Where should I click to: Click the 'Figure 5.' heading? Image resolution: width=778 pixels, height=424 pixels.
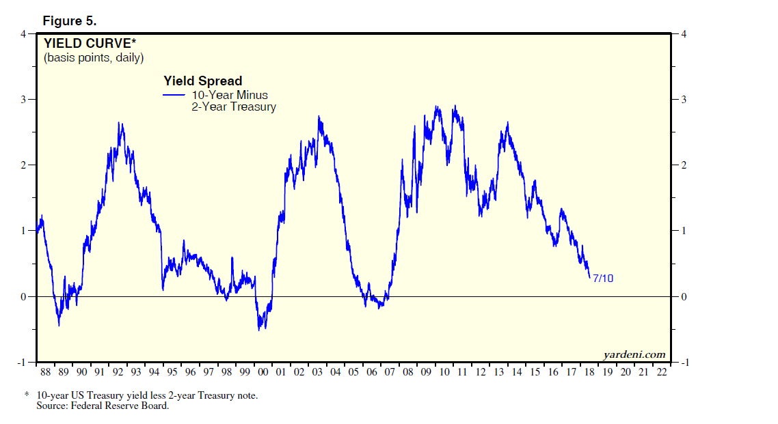(x=70, y=20)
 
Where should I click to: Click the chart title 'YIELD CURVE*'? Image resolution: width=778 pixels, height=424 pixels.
(x=90, y=44)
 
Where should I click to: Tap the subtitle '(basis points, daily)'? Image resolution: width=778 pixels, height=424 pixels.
(x=94, y=58)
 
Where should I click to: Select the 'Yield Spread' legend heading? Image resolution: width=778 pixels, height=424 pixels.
(x=202, y=81)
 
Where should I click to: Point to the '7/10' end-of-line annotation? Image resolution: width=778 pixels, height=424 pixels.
(x=603, y=279)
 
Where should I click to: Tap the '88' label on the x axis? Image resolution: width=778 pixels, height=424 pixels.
(x=45, y=372)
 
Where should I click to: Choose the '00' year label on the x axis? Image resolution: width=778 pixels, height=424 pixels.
(x=263, y=372)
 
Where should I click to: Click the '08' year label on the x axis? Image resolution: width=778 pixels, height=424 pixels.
(x=408, y=372)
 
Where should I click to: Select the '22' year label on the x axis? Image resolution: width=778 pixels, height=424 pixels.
(x=661, y=372)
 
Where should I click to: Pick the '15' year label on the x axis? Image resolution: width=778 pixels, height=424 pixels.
(x=535, y=372)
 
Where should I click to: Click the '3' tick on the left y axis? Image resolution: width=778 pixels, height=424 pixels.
(x=23, y=100)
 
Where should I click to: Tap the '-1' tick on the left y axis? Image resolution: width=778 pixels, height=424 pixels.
(x=21, y=362)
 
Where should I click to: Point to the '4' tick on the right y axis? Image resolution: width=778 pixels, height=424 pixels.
(x=682, y=34)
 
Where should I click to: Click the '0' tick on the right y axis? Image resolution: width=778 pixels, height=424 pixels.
(x=682, y=296)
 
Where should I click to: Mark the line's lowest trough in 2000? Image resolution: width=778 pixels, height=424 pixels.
(x=259, y=330)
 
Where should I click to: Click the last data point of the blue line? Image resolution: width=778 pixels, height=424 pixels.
(x=589, y=277)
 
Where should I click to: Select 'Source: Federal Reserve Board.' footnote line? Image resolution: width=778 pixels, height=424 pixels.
(x=102, y=406)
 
